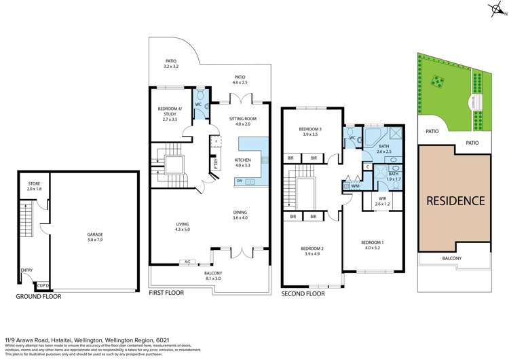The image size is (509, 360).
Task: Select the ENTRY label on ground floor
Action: tap(26, 270)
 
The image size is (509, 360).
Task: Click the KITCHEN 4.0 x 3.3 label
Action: tap(243, 162)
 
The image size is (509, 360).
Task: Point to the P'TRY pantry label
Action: tap(215, 164)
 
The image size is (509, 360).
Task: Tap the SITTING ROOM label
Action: tap(243, 121)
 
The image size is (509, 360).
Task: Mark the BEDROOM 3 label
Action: tap(314, 132)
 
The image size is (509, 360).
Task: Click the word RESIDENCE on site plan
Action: tap(455, 201)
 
